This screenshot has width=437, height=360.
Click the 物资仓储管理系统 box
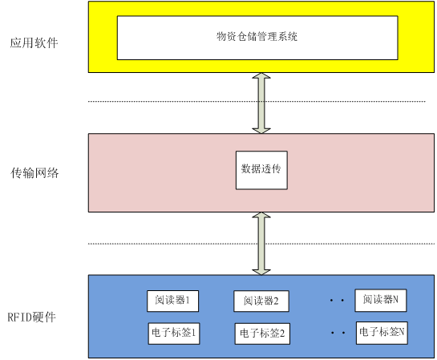pos(257,38)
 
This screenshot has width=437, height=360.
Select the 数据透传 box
pos(261,170)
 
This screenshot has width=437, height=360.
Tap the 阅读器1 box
pos(172,301)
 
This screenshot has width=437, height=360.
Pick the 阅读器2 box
pos(261,301)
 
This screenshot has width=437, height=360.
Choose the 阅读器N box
pos(380,300)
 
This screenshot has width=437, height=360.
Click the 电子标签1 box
pos(174,334)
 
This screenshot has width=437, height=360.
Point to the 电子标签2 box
pos(262,334)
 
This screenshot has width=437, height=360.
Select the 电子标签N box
pos(382,333)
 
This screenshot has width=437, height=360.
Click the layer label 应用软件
pos(34,43)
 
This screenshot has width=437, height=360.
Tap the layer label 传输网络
pos(34,172)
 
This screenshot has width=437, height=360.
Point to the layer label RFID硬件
pos(31,317)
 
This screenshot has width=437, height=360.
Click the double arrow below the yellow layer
pos(261,103)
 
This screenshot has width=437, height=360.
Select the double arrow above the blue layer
pos(261,244)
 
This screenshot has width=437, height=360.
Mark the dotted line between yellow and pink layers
pos(257,101)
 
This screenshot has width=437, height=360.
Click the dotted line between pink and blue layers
pos(261,244)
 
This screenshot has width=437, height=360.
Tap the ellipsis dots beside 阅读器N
pos(337,300)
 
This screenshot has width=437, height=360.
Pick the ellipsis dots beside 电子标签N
pos(338,333)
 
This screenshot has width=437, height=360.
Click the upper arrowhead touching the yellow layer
pos(261,75)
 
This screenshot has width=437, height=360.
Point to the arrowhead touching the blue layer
pos(261,273)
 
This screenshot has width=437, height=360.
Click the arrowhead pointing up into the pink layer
pos(261,215)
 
